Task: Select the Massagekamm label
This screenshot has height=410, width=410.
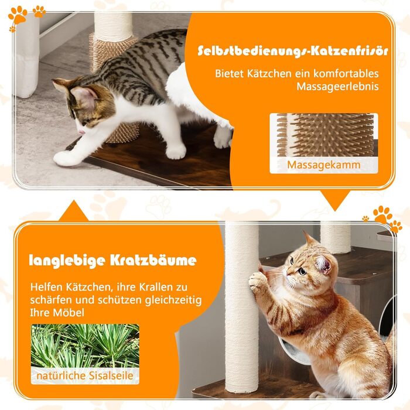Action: pyautogui.click(x=323, y=165)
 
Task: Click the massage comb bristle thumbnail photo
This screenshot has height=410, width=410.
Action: pyautogui.click(x=323, y=135)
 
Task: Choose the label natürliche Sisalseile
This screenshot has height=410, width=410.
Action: pyautogui.click(x=85, y=375)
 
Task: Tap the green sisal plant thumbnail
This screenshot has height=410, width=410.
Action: pyautogui.click(x=85, y=346)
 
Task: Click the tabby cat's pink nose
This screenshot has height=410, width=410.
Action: pyautogui.click(x=82, y=130)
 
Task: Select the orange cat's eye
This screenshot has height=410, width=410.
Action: pyautogui.click(x=301, y=271)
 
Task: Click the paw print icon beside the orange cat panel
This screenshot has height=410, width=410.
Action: pyautogui.click(x=384, y=217)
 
